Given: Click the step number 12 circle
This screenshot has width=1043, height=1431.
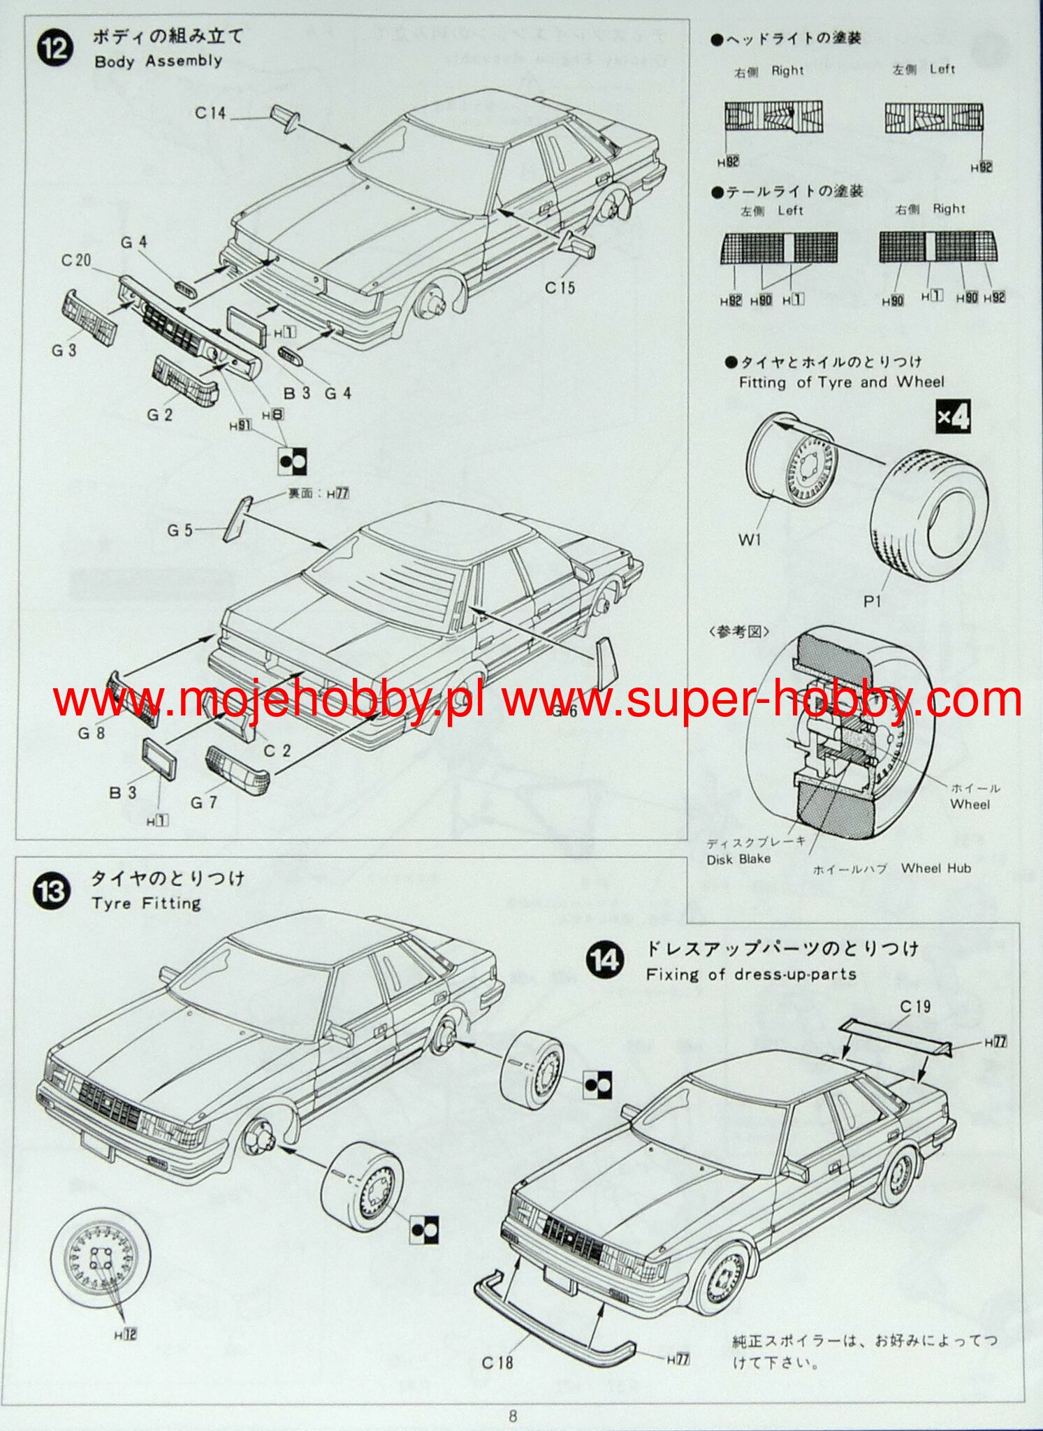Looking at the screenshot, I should (x=56, y=50).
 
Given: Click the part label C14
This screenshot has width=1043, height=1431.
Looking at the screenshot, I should (x=210, y=112).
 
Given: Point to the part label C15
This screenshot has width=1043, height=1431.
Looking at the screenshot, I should (x=560, y=287).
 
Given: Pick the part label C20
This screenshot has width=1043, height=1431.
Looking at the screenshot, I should (x=76, y=260).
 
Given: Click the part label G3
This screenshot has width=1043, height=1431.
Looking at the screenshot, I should (x=64, y=349).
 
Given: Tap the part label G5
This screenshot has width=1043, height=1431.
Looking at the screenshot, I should (x=180, y=530).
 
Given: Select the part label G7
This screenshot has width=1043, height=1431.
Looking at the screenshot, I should (x=203, y=803).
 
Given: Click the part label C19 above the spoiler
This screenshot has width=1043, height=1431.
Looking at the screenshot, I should (x=915, y=1006).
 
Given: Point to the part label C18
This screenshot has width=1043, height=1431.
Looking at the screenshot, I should (x=497, y=1363).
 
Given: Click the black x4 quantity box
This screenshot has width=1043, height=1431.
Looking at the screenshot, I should (x=953, y=418).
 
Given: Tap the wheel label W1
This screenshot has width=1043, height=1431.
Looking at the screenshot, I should (x=750, y=539).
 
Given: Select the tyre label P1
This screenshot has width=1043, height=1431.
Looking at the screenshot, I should (x=872, y=601).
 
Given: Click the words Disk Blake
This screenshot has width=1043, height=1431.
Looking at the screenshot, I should (x=738, y=859).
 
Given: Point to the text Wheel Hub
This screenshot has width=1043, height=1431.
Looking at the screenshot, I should (x=935, y=869).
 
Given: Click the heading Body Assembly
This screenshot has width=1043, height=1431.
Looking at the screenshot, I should (x=158, y=61).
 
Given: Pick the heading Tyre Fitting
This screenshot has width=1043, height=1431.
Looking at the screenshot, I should (x=146, y=903).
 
